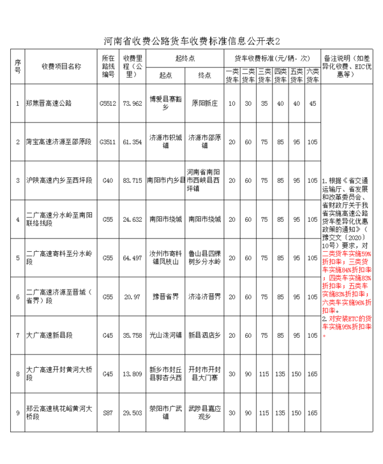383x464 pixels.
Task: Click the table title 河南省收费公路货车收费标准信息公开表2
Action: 191,40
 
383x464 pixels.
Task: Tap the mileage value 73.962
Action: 132,103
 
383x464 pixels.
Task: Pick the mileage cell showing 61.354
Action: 132,141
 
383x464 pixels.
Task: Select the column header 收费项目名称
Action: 61,66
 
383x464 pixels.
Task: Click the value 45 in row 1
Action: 312,103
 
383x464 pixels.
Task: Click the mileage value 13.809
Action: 132,374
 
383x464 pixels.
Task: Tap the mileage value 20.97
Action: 132,297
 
